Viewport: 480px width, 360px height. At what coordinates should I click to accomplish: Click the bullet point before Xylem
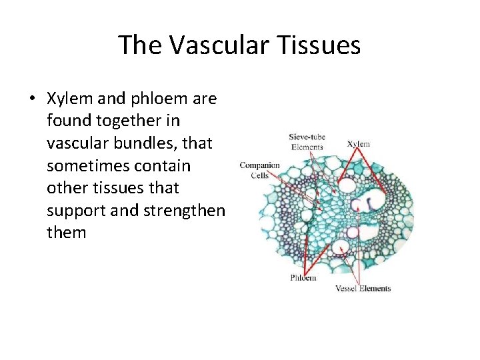(31, 99)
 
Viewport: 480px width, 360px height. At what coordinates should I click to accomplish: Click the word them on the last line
(67, 233)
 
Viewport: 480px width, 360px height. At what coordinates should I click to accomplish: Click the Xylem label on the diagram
(359, 143)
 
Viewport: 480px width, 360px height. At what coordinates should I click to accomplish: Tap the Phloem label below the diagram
(303, 278)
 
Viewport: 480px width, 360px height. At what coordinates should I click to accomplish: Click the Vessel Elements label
(362, 289)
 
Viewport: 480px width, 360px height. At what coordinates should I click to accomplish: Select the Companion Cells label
(259, 169)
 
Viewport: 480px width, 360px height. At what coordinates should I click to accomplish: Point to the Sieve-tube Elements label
(306, 142)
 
